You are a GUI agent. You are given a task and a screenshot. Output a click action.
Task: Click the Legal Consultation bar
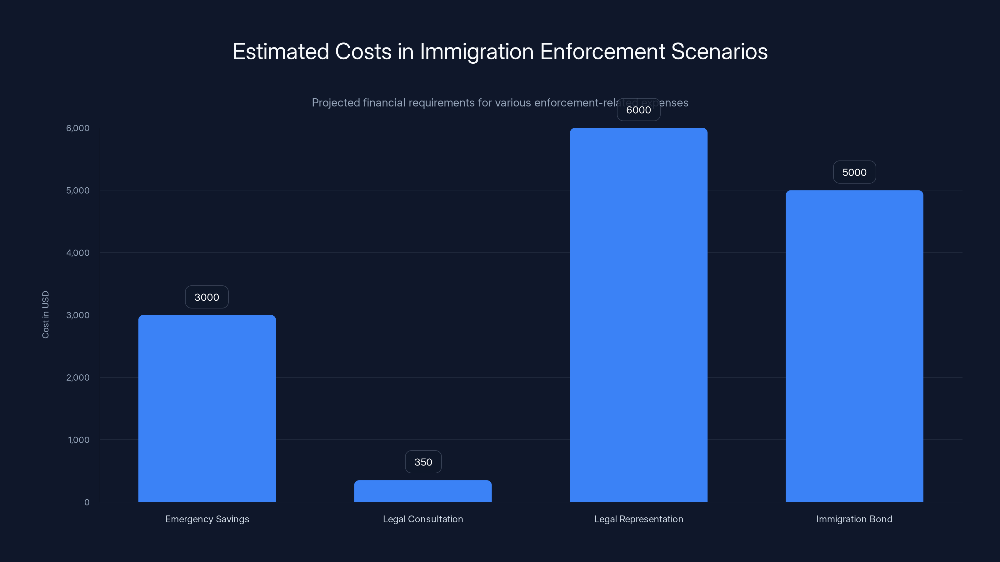423,491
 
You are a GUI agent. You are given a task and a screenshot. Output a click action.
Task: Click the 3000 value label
207,297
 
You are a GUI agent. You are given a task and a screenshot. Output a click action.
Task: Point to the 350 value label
423,462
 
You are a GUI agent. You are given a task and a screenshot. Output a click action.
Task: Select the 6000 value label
638,110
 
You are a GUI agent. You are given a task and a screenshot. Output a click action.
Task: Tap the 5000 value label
854,172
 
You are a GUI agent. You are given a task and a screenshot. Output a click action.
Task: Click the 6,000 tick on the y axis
77,128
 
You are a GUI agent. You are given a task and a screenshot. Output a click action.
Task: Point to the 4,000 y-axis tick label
77,253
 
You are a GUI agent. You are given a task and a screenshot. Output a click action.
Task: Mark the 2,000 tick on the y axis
77,378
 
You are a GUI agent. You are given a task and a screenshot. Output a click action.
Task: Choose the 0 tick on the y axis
87,502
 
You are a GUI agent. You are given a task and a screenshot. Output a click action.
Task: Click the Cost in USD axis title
45,314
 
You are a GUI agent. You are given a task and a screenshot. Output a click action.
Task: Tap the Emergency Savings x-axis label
207,519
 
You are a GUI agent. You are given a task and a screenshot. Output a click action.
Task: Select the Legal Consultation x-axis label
423,519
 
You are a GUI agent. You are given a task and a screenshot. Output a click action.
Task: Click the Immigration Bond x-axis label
854,519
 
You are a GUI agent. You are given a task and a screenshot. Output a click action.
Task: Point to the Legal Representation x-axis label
638,519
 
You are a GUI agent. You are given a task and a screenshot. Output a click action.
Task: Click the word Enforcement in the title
602,51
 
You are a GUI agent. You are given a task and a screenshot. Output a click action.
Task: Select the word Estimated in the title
281,51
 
